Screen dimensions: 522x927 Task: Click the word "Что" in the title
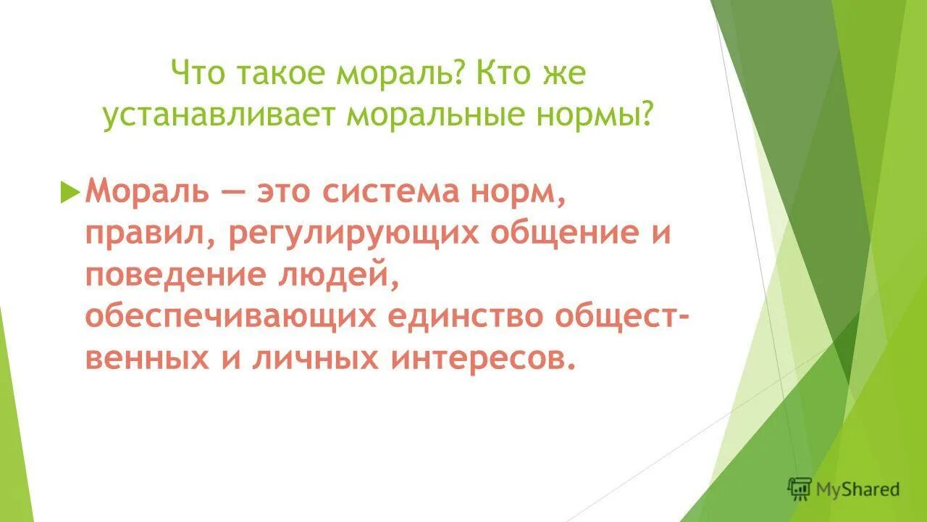(x=196, y=75)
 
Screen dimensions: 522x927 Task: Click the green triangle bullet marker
(x=70, y=192)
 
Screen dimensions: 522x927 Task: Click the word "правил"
(x=143, y=235)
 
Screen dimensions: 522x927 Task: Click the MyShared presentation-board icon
(x=800, y=489)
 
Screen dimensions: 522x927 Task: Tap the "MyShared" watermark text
(x=857, y=489)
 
